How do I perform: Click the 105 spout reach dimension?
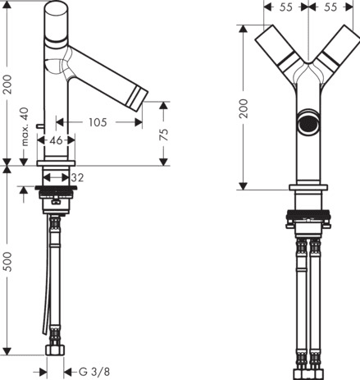98,122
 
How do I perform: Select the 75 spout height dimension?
163,135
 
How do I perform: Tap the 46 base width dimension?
56,140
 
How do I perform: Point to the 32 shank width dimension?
77,178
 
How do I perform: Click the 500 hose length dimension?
7,262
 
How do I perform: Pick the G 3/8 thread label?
94,372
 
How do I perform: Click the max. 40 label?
25,126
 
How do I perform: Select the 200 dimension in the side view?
7,85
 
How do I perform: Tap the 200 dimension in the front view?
243,108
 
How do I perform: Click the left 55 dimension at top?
286,7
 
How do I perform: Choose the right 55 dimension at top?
330,7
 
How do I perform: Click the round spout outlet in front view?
308,122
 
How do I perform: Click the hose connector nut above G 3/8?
55,350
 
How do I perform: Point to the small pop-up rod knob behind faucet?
40,126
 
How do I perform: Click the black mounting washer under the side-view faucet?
56,188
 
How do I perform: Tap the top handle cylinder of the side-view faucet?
56,21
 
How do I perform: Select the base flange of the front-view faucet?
308,188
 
